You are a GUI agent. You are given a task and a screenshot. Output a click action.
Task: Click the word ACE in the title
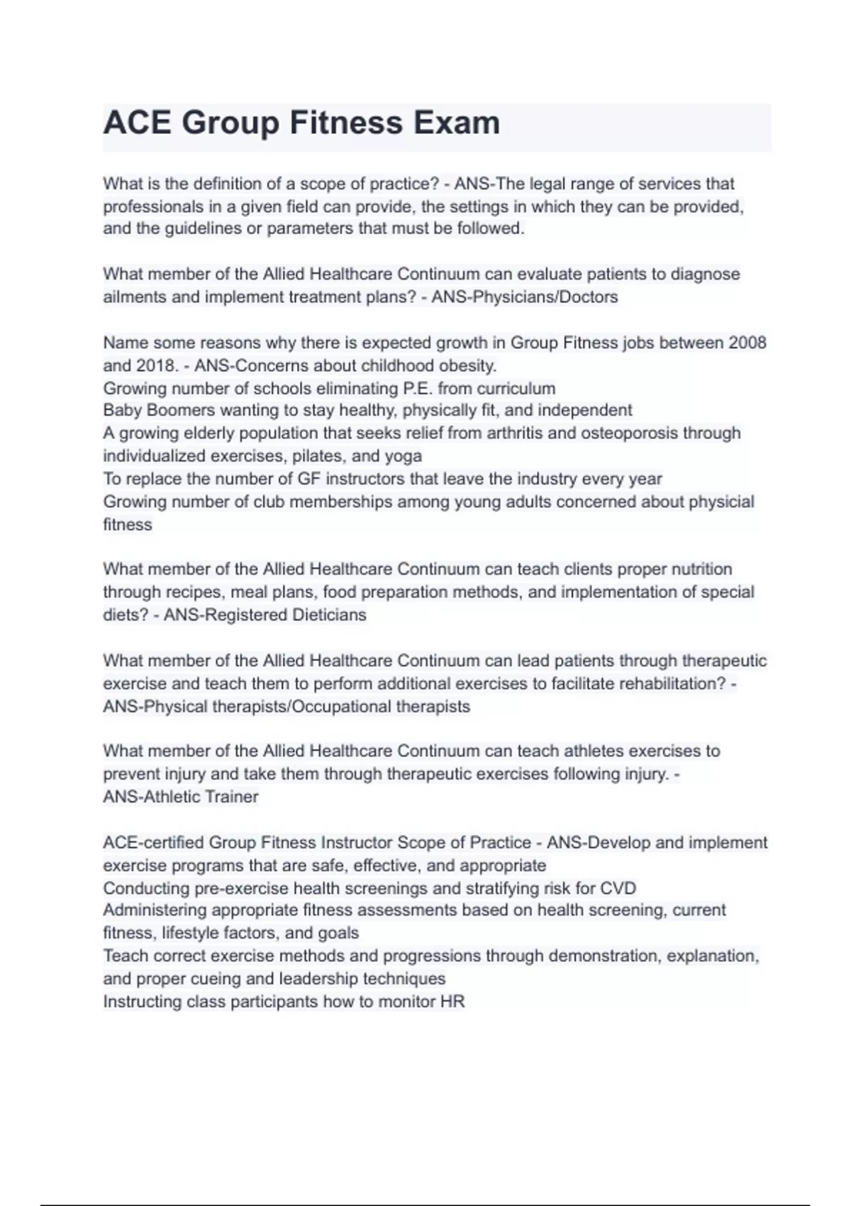(x=137, y=123)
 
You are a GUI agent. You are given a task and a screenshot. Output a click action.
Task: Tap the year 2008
(x=747, y=343)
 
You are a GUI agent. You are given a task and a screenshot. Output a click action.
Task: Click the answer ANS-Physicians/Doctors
(x=525, y=297)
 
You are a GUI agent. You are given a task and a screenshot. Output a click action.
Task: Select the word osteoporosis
(x=629, y=433)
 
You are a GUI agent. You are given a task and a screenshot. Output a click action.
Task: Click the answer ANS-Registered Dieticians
(x=265, y=615)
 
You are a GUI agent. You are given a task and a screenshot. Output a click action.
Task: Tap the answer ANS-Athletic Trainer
(x=181, y=797)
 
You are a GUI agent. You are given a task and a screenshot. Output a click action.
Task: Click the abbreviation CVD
(x=618, y=889)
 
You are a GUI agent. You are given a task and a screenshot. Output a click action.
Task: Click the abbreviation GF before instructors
(x=308, y=480)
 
